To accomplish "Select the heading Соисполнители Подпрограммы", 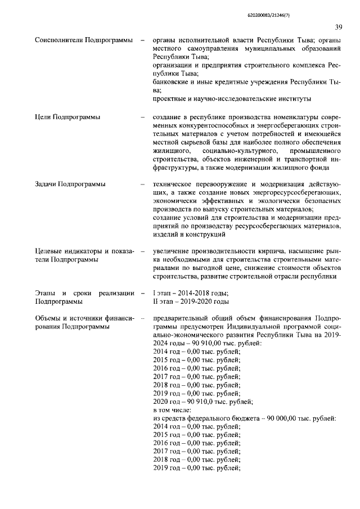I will pos(79,40).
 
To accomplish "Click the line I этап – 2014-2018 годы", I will pos(191,292).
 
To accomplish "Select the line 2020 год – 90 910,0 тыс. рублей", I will pos(203,402).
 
